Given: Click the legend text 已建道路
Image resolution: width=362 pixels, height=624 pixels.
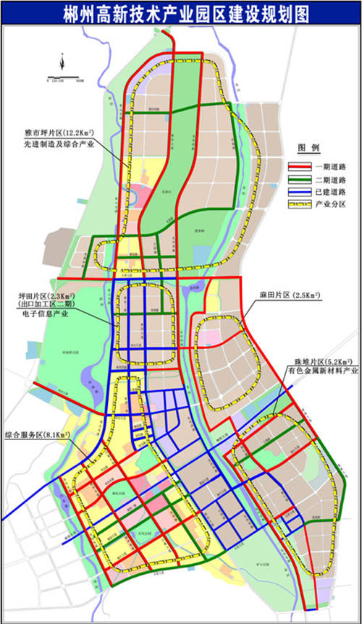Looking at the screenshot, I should (x=329, y=192).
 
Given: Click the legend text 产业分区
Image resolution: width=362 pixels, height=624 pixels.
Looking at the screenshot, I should (x=329, y=206).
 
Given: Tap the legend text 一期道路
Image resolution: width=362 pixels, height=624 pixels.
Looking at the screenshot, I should (x=329, y=164).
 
